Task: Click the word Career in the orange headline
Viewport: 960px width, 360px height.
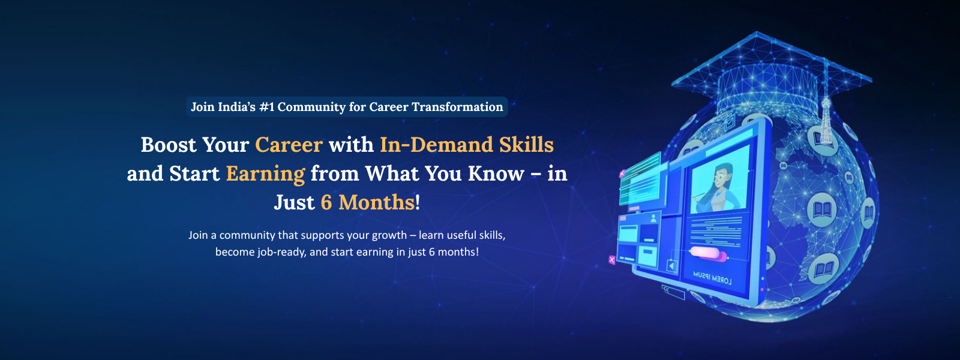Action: click(289, 145)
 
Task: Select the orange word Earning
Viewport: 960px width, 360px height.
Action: click(265, 174)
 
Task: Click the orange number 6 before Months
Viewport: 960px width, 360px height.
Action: click(326, 202)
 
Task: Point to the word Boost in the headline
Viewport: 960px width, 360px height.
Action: click(169, 145)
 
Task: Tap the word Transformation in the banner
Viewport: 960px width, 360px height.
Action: click(457, 107)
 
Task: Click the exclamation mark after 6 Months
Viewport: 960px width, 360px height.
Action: click(418, 202)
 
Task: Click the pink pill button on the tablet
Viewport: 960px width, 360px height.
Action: click(707, 253)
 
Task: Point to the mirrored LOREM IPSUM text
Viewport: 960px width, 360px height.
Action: click(712, 278)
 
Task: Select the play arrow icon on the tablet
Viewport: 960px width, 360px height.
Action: click(672, 266)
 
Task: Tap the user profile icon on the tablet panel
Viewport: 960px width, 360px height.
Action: click(653, 218)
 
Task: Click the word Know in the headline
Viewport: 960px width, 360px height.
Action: click(496, 173)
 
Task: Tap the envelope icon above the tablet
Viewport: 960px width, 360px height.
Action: click(729, 124)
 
